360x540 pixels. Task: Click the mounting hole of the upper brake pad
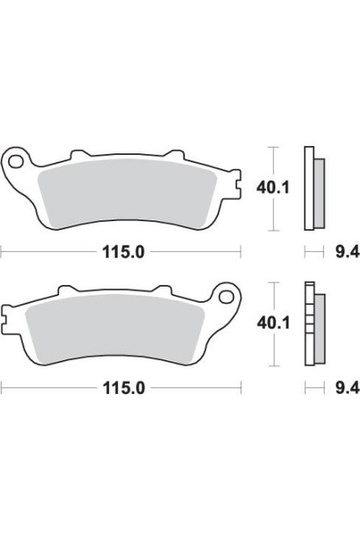click(16, 162)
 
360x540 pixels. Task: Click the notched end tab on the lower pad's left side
click(7, 316)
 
